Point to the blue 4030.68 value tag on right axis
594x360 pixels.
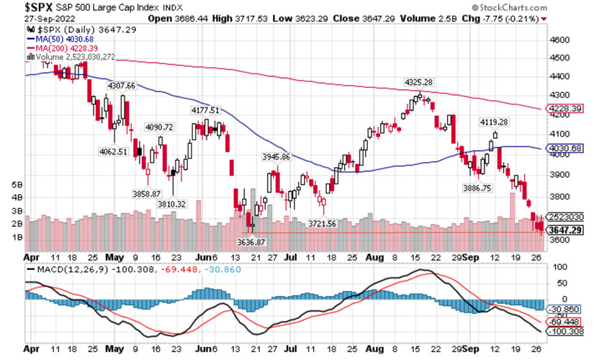tap(567, 148)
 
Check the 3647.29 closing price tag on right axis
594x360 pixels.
tap(567, 230)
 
